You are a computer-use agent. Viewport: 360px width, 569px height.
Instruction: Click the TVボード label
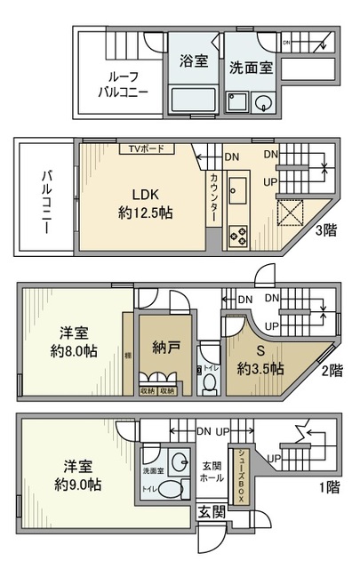point(147,149)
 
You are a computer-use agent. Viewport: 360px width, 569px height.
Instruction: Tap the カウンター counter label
point(214,196)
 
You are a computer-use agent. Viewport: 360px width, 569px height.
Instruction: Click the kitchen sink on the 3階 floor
point(238,189)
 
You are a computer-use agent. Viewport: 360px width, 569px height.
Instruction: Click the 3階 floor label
point(325,231)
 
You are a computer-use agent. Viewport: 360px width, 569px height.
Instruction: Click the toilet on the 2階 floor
point(210,381)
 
